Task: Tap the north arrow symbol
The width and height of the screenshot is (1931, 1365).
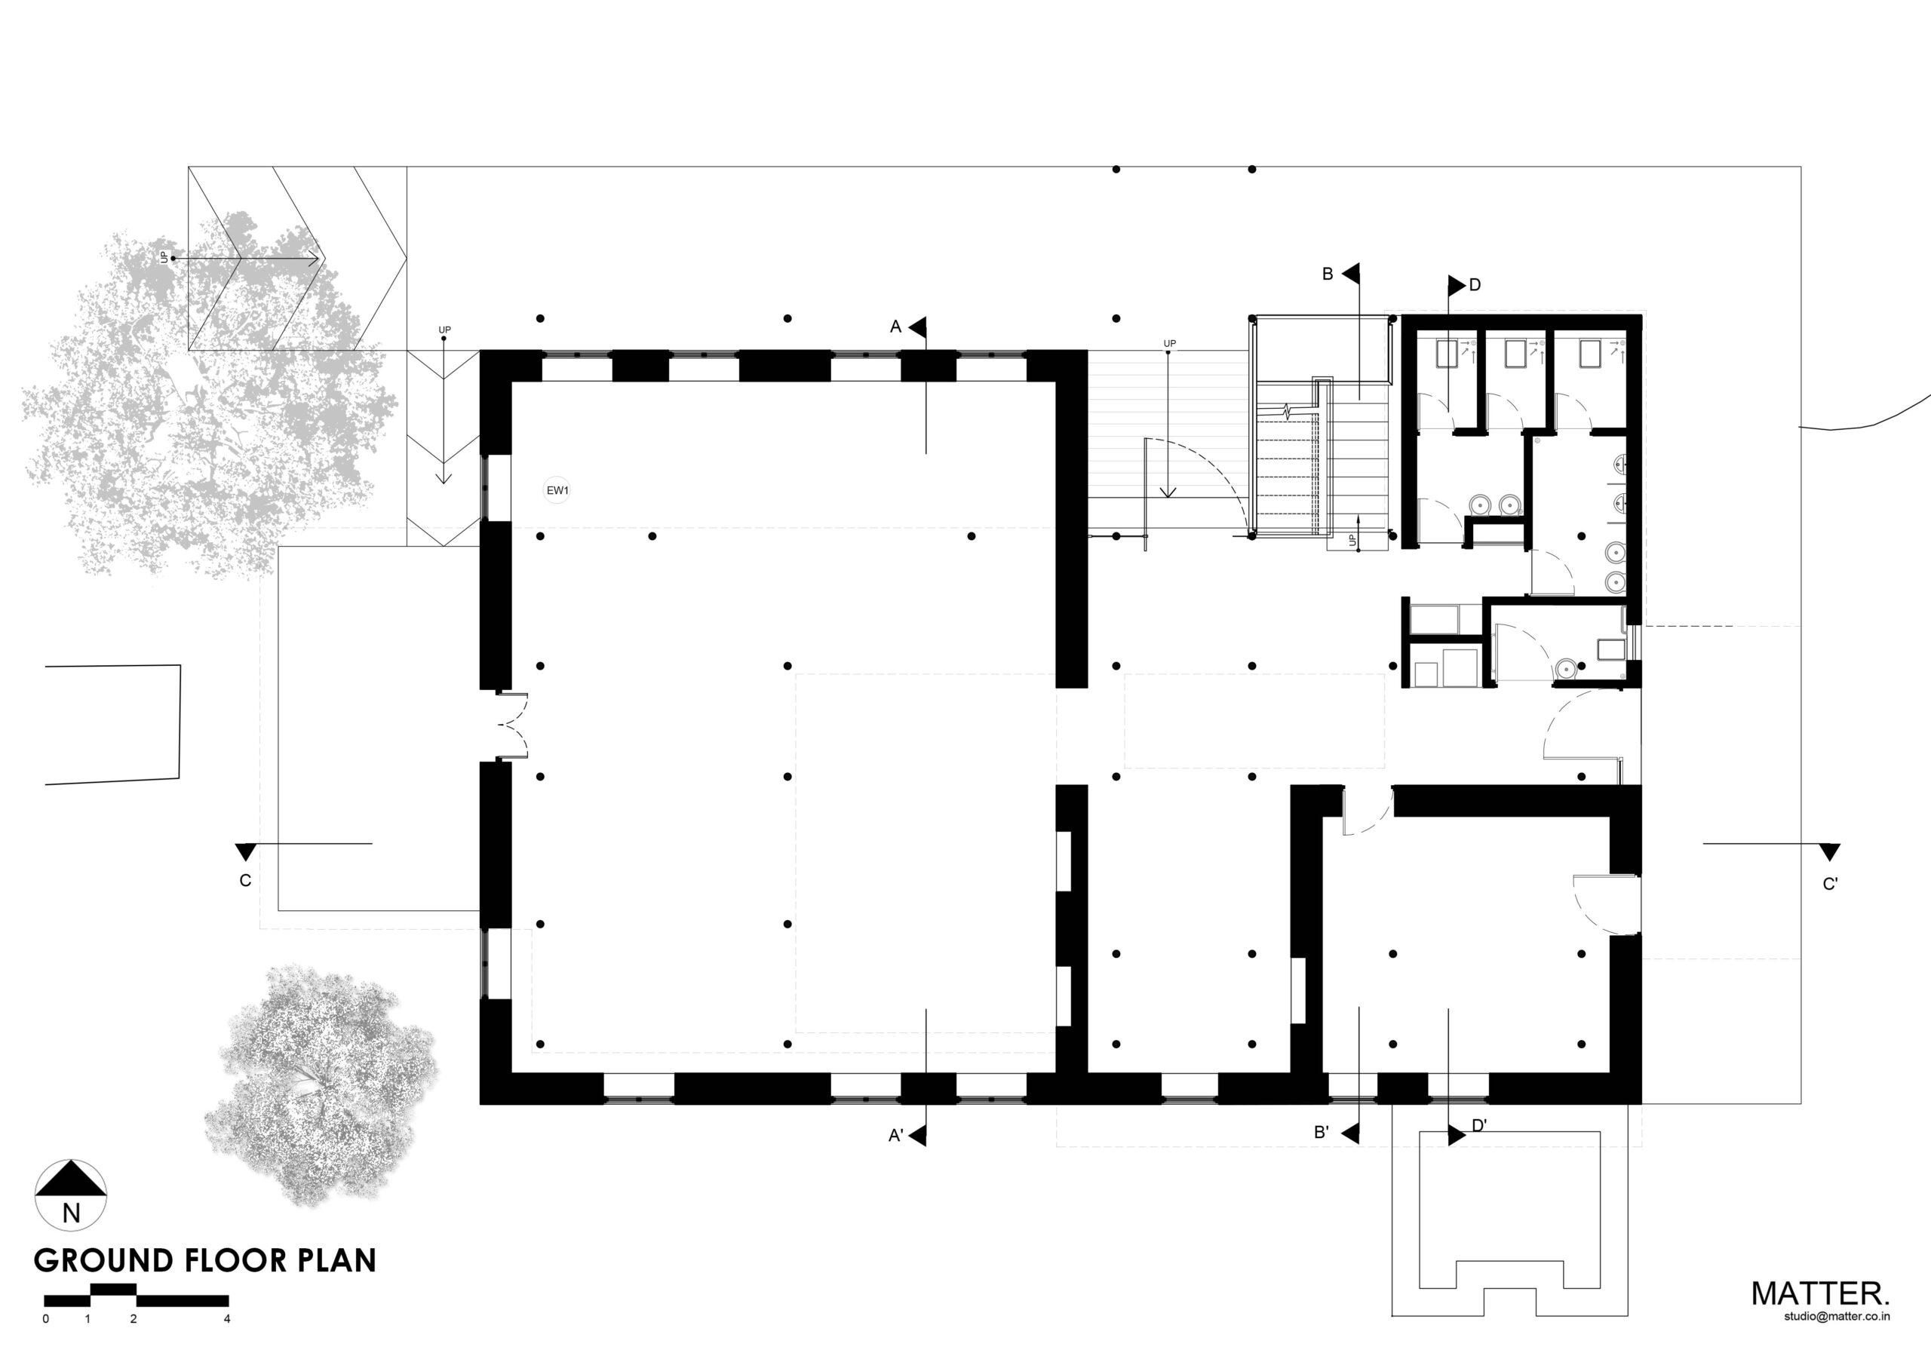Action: (x=71, y=1195)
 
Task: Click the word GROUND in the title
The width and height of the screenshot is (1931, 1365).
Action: (x=103, y=1262)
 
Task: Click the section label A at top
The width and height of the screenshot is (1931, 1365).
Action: (x=895, y=327)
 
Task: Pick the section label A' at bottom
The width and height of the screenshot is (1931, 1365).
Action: (x=895, y=1136)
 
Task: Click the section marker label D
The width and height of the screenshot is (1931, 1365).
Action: (x=1475, y=285)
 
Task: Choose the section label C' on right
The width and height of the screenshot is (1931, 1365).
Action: (x=1830, y=884)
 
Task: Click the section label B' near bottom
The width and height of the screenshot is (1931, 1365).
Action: (x=1322, y=1133)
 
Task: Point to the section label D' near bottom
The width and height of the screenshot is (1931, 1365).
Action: (x=1479, y=1125)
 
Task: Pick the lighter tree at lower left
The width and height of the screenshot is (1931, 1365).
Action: (x=320, y=1085)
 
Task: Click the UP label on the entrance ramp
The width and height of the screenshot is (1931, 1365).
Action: (x=164, y=256)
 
